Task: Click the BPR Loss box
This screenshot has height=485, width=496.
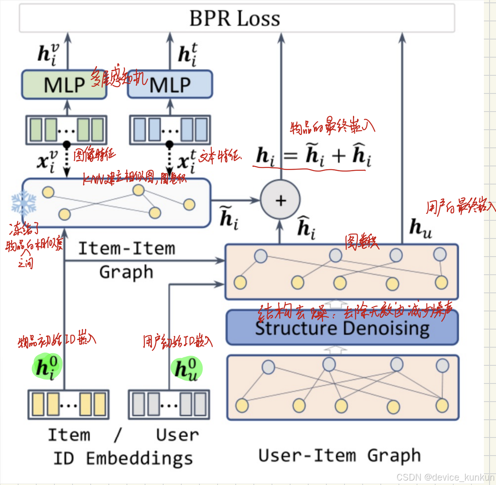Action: coord(237,18)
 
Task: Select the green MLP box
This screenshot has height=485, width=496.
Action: coord(64,85)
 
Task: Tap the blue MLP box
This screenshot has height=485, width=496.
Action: coord(170,85)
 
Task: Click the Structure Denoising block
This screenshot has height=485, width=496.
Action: coord(342,327)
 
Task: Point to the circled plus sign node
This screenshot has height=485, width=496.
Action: coord(280,200)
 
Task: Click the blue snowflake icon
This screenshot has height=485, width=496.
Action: coord(24,203)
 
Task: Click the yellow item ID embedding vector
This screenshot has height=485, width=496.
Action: coord(68,404)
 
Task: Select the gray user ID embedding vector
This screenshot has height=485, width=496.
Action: coord(169,404)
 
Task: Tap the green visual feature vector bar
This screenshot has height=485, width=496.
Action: coord(66,130)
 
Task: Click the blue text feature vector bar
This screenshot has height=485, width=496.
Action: coord(170,130)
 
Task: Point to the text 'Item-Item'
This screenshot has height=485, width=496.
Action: coord(127,249)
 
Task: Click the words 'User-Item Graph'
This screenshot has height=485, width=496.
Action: coord(340,456)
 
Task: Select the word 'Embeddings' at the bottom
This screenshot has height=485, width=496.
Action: coord(139,458)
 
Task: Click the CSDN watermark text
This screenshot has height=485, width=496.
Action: coord(445,477)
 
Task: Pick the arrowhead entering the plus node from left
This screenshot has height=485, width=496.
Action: coord(256,200)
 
